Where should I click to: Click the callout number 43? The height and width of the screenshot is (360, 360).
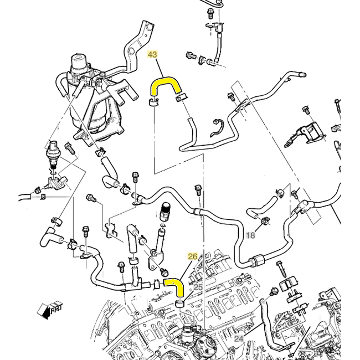click(152, 55)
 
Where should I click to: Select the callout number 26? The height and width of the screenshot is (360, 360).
click(193, 256)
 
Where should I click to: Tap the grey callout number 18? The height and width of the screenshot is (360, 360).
click(250, 235)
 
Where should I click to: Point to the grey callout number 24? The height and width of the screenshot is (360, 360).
click(239, 338)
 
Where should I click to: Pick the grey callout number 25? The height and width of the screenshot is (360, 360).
click(197, 287)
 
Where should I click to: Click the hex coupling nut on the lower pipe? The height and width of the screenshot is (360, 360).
click(256, 260)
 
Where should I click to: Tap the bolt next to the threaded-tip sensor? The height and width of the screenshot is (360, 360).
click(69, 148)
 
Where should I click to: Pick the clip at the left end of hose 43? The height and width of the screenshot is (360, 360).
click(153, 102)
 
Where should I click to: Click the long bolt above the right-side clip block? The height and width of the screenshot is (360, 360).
click(282, 271)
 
